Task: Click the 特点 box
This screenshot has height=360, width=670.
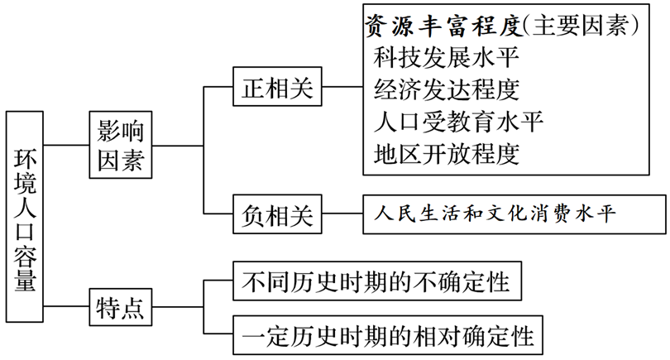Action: (121, 309)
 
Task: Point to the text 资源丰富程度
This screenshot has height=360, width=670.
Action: (443, 26)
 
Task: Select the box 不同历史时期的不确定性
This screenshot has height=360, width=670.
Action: (377, 281)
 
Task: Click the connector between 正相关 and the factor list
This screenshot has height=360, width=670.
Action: (342, 88)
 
